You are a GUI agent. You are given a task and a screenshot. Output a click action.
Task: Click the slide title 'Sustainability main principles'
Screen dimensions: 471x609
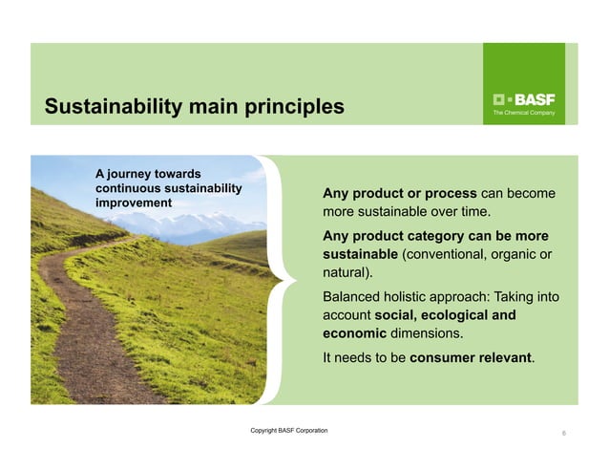click(x=194, y=106)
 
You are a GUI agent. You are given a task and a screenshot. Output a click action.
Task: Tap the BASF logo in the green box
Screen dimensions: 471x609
click(x=523, y=99)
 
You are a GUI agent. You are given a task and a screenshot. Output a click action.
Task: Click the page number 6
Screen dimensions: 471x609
click(x=564, y=434)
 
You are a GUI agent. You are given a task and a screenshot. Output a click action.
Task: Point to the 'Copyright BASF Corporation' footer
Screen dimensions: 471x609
click(x=288, y=431)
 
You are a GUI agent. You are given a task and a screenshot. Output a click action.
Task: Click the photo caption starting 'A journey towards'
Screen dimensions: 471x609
click(x=168, y=187)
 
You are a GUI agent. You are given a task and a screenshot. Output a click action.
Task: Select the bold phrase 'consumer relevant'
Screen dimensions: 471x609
click(x=472, y=358)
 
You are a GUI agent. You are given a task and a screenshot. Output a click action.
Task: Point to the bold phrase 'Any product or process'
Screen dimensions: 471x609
click(x=400, y=193)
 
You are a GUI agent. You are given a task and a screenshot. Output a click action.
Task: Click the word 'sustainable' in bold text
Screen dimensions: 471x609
click(x=360, y=254)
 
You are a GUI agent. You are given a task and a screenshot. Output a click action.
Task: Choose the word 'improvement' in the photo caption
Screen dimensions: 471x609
click(x=133, y=203)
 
